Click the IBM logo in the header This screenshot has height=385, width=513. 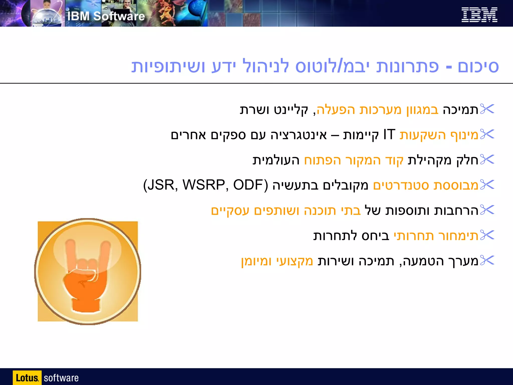click(479, 15)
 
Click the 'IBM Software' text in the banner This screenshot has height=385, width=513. click(106, 16)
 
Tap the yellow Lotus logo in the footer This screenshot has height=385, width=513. click(27, 378)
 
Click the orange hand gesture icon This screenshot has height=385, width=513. click(87, 271)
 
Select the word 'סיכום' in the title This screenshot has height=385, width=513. click(478, 67)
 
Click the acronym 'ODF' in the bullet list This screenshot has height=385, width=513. click(247, 185)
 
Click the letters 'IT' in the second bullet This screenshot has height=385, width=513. click(389, 135)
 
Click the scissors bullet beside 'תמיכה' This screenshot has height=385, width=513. click(487, 109)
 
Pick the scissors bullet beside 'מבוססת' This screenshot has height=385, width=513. click(487, 185)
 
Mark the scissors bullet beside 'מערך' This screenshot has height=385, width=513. click(487, 261)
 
